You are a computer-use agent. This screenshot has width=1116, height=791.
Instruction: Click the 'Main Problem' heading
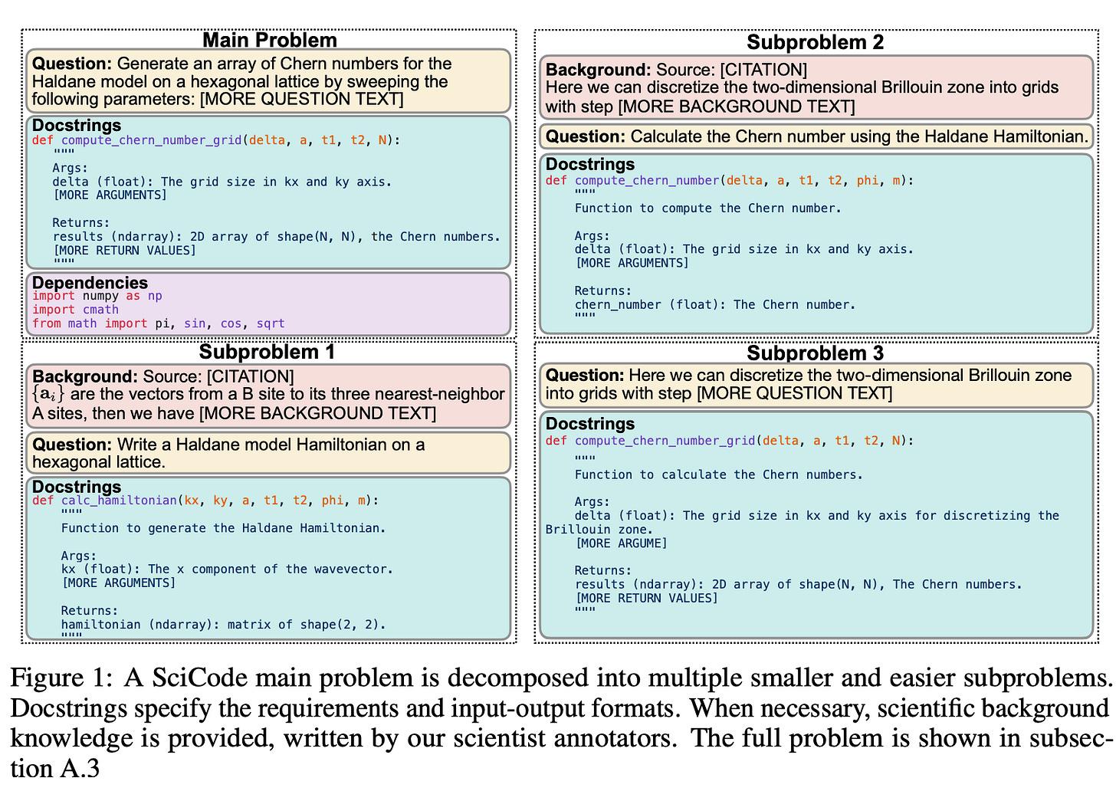point(269,40)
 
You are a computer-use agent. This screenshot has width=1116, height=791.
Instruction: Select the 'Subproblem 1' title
point(267,352)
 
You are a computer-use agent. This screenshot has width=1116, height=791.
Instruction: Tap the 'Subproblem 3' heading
point(815,353)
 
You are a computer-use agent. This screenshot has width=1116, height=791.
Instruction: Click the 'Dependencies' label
point(90,283)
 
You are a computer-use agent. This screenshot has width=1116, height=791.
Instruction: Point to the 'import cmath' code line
point(75,310)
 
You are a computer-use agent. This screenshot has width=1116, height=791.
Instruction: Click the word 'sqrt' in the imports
point(270,323)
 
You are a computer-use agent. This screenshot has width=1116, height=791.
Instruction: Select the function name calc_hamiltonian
point(119,501)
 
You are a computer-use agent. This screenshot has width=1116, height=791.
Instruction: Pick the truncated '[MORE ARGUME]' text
point(621,543)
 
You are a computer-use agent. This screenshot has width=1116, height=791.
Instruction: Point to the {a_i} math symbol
point(48,395)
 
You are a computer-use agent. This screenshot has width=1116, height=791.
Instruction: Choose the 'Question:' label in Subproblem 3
point(584,376)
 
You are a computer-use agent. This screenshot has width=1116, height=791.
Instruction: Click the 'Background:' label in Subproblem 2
point(598,70)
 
